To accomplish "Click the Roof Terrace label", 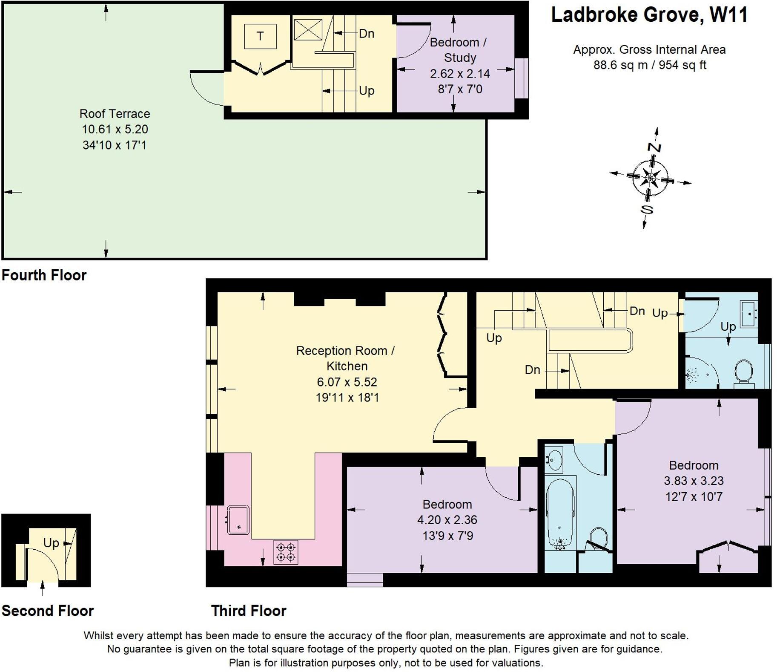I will click(x=115, y=114).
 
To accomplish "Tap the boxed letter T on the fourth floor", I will click(x=260, y=36).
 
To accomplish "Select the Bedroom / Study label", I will click(x=459, y=50).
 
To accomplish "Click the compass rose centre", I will click(x=650, y=177).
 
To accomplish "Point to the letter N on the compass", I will click(x=654, y=147).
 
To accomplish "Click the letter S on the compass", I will click(x=647, y=209).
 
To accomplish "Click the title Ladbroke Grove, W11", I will click(x=649, y=15).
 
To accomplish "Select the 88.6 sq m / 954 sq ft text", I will click(x=650, y=65).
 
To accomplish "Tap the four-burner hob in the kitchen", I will click(x=286, y=552).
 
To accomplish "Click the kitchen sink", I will click(x=238, y=519).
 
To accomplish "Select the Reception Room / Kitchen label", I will click(x=346, y=358).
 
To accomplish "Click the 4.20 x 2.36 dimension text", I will click(x=447, y=520).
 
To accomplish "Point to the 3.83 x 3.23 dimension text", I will click(x=694, y=481).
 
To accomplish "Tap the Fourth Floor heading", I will click(x=44, y=275).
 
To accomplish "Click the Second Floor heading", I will click(x=47, y=611).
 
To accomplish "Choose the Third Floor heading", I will click(x=249, y=611).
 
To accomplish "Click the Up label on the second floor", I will click(x=51, y=543).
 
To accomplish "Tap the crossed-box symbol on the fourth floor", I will click(x=308, y=30).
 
